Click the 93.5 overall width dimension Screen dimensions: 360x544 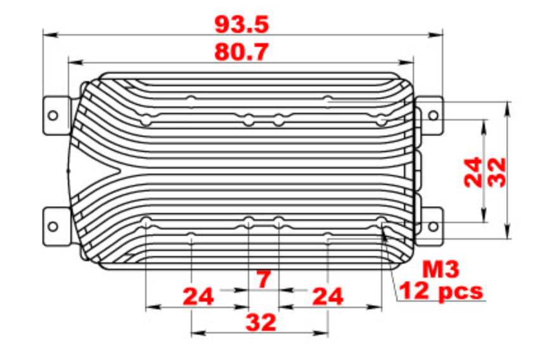242,24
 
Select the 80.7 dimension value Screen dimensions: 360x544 242,51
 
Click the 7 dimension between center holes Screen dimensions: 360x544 263,278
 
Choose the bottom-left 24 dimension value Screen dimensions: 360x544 198,296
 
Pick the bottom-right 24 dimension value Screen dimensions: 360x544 327,296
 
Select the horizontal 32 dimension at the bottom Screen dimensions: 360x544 261,323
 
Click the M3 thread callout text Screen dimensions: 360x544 440,270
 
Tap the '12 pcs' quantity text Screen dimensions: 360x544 440,292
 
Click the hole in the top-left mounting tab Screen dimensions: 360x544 53,115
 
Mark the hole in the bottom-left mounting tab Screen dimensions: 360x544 53,226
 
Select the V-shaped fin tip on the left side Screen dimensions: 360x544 117,171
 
